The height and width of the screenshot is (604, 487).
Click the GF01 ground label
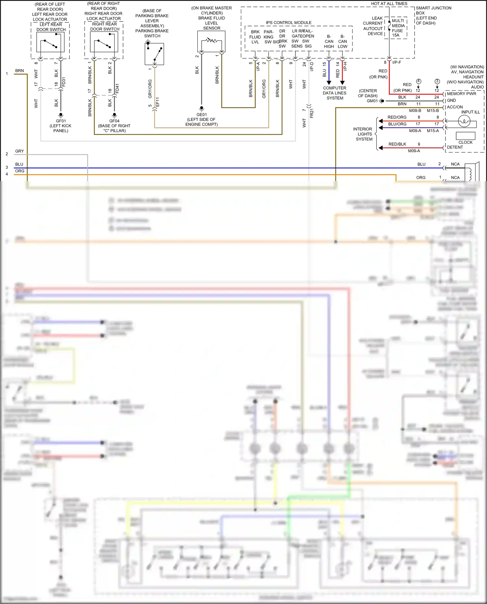click(x=61, y=121)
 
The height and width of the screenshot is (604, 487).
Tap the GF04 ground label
click(x=114, y=121)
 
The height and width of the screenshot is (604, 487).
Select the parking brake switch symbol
click(x=154, y=54)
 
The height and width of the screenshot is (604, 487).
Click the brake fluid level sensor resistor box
click(x=211, y=41)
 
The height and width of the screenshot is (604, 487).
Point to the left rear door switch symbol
click(x=50, y=43)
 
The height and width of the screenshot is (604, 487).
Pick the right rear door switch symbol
click(x=104, y=43)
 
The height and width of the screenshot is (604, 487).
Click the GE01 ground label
click(x=201, y=115)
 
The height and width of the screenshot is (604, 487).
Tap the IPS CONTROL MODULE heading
click(x=289, y=22)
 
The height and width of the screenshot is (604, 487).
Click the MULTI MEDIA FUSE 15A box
click(x=397, y=28)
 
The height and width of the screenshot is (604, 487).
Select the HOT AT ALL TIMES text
click(x=389, y=4)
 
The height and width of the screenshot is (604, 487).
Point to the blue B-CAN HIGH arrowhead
click(x=329, y=82)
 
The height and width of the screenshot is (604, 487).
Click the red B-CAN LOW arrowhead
click(x=342, y=82)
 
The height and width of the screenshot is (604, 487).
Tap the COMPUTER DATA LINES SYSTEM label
click(x=334, y=93)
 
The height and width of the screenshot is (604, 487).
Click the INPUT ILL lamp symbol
click(x=464, y=121)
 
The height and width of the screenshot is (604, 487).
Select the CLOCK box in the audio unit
click(x=465, y=136)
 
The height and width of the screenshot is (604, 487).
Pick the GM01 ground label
click(x=372, y=101)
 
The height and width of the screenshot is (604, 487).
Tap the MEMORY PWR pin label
click(x=461, y=94)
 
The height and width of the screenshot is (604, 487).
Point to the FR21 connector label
click(x=312, y=113)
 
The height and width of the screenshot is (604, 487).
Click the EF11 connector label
click(x=157, y=102)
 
